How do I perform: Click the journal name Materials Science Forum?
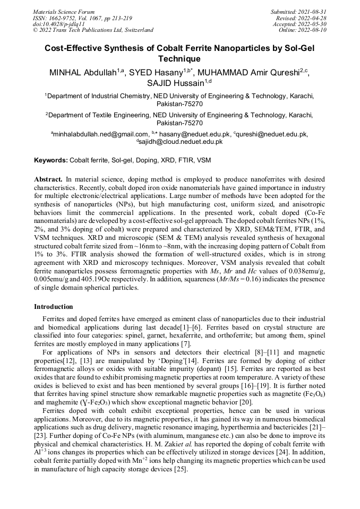point(64,12)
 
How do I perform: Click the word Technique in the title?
point(179,59)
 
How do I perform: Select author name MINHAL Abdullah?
point(83,73)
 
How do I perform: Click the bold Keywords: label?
point(51,160)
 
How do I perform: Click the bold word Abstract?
point(48,179)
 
